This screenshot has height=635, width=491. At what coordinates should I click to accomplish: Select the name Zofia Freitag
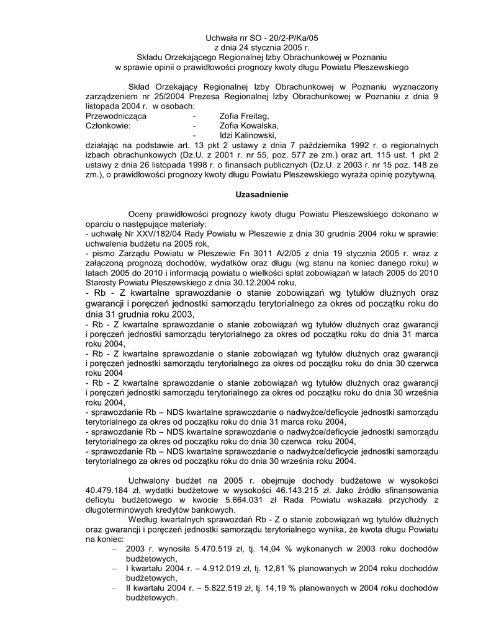(244, 116)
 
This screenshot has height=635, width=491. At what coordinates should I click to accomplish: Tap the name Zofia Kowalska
(246, 125)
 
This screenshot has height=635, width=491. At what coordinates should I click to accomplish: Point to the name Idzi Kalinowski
(246, 135)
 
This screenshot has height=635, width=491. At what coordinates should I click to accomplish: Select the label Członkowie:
(107, 125)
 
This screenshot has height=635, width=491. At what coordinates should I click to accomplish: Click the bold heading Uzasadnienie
(261, 194)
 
